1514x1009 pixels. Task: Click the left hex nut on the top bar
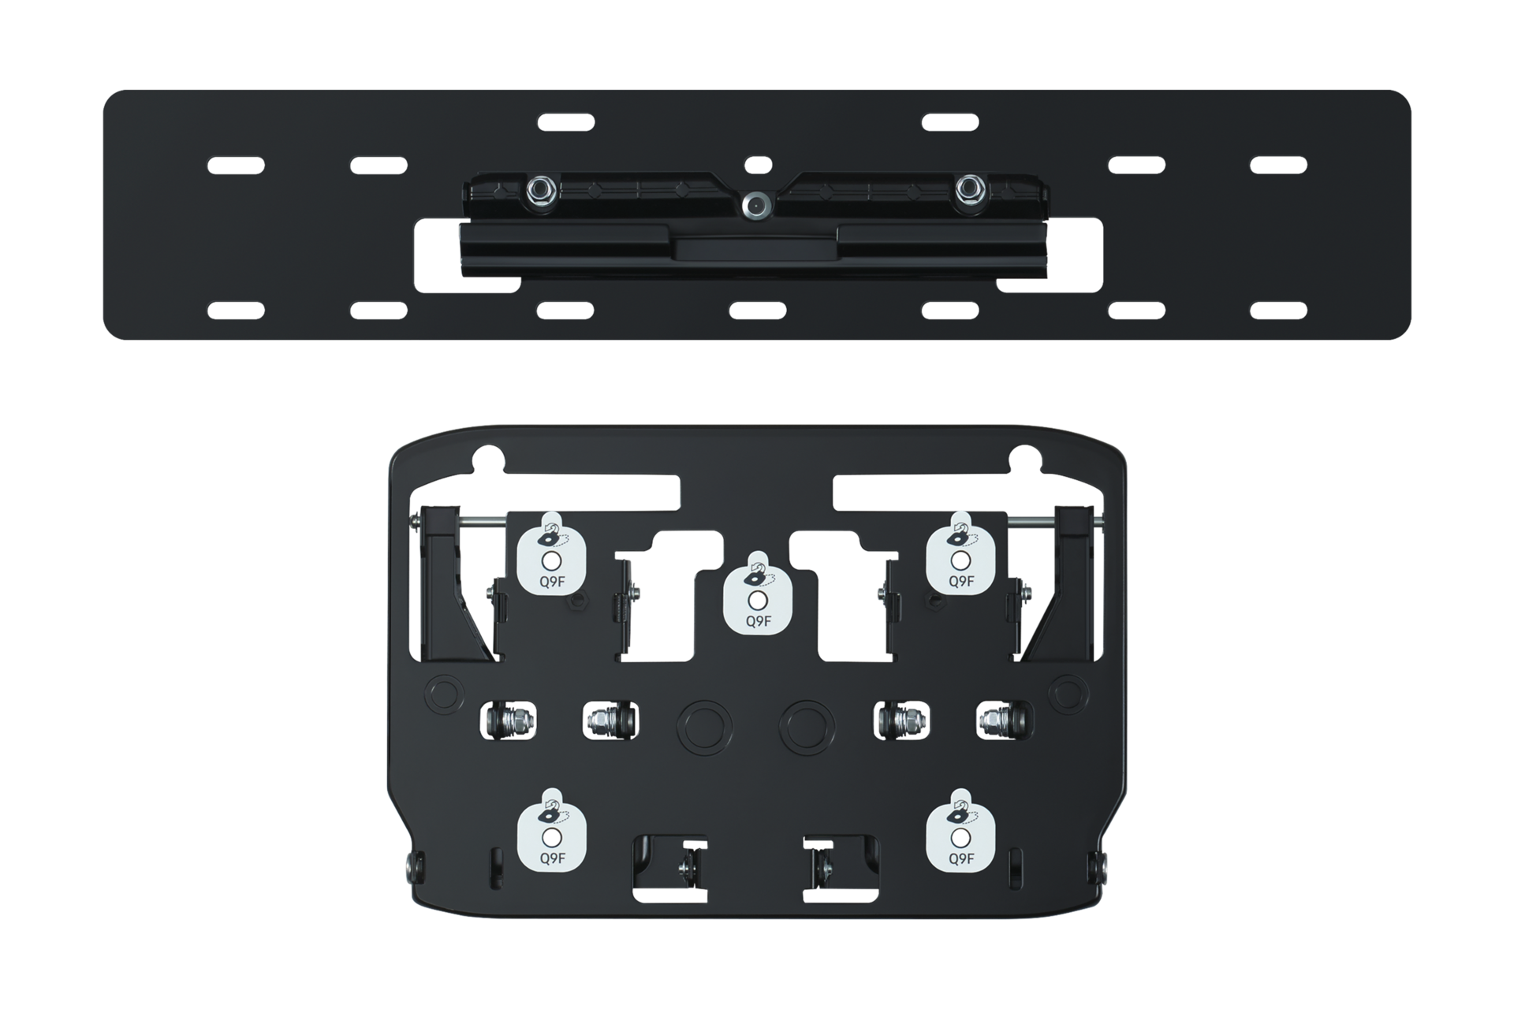tap(539, 188)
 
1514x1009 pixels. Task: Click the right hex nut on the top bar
tap(968, 188)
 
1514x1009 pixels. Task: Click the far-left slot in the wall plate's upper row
tap(235, 165)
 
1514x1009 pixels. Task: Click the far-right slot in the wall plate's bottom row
tap(1278, 309)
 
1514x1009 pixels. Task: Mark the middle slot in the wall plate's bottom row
tap(757, 309)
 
